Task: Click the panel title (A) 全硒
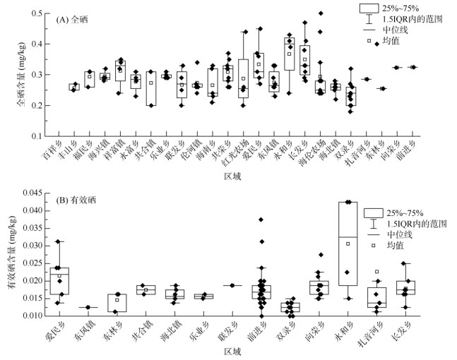77,20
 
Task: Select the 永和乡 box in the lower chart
347,244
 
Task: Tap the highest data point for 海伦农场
321,13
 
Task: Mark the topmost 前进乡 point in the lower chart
261,220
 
